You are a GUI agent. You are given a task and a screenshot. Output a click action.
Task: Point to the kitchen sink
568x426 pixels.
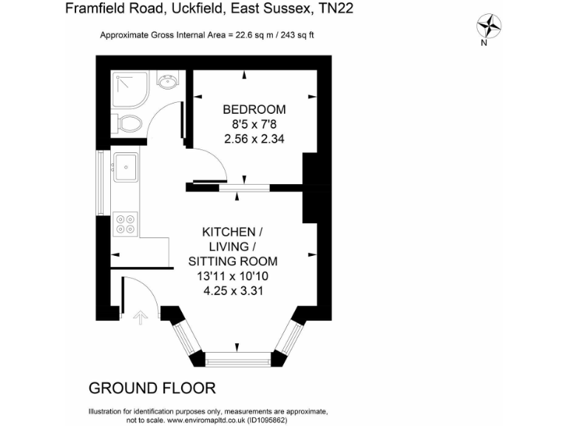pos(126,166)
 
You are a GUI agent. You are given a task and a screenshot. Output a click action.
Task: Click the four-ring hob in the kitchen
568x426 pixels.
pos(126,223)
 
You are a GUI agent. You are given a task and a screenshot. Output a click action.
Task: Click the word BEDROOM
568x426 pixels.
pos(254,109)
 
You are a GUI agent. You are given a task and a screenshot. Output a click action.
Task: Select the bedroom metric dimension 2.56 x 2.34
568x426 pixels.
pos(254,138)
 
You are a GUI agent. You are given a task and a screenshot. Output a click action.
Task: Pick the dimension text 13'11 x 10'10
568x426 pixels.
pos(233,276)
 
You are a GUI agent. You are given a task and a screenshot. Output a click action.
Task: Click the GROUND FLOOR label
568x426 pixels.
pos(152,388)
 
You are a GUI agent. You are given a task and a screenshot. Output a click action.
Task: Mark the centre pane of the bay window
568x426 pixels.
pos(237,360)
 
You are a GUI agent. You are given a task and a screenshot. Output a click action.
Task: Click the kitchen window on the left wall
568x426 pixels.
pos(101,177)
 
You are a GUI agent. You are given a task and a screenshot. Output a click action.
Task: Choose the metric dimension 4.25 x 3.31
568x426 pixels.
pos(233,291)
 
